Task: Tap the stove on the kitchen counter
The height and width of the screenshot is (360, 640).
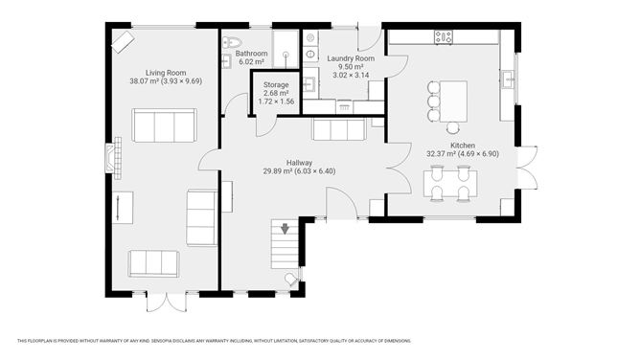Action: click(444, 36)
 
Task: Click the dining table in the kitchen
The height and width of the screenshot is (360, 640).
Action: click(450, 182)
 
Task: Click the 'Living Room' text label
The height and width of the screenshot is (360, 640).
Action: click(165, 72)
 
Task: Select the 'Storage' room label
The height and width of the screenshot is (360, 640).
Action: click(277, 84)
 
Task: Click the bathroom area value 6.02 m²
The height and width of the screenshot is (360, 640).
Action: click(252, 62)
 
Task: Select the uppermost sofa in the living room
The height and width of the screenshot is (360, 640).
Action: click(164, 124)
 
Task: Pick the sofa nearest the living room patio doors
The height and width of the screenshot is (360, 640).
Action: click(153, 262)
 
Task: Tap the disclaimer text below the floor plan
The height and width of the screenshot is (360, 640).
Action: click(214, 340)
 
